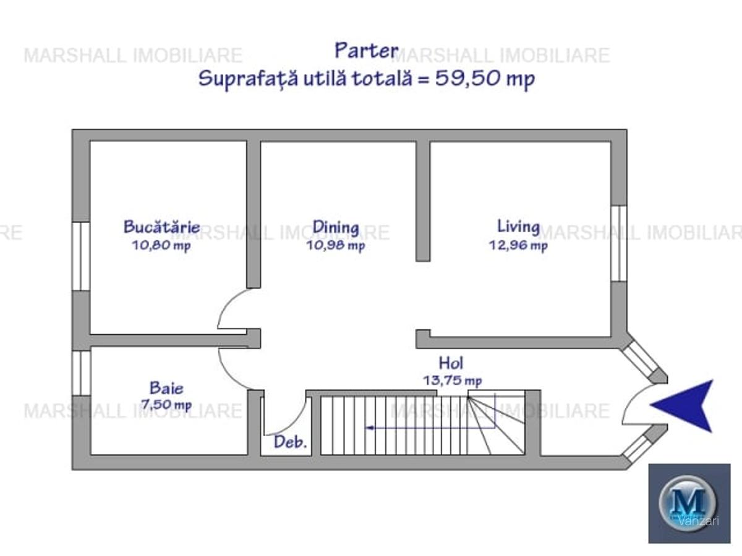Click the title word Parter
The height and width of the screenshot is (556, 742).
click(366, 51)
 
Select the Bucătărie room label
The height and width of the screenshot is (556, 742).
click(161, 227)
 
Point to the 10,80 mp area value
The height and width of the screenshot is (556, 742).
click(161, 245)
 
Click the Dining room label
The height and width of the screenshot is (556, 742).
click(336, 227)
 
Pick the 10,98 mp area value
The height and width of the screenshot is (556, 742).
click(336, 245)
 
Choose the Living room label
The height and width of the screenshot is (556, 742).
click(518, 226)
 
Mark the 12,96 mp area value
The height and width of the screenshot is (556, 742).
click(518, 245)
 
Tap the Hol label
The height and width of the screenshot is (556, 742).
click(451, 363)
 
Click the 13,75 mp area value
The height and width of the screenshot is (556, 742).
click(453, 381)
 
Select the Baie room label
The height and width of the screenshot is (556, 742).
click(166, 388)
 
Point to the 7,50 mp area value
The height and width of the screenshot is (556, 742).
click(166, 405)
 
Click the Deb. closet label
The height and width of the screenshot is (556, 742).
click(290, 442)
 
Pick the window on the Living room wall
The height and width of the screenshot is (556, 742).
click(618, 243)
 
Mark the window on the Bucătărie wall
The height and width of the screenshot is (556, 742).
click(81, 256)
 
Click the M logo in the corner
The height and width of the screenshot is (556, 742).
click(689, 501)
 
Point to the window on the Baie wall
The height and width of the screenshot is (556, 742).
click(81, 373)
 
